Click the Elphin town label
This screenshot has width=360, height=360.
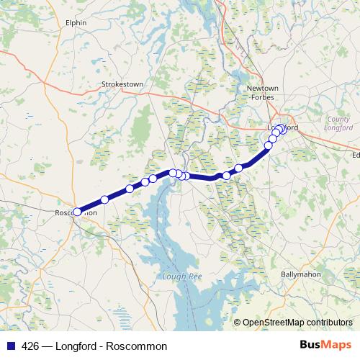(x=76, y=22)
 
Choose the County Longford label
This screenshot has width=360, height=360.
(x=338, y=123)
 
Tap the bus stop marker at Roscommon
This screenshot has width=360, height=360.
(x=78, y=212)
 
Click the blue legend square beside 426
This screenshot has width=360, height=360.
(x=10, y=346)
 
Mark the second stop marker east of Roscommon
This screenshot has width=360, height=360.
(x=130, y=189)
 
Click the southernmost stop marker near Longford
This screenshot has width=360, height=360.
(x=269, y=145)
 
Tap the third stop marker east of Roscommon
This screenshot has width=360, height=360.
(x=145, y=182)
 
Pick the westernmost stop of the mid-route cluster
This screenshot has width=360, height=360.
(x=173, y=172)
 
